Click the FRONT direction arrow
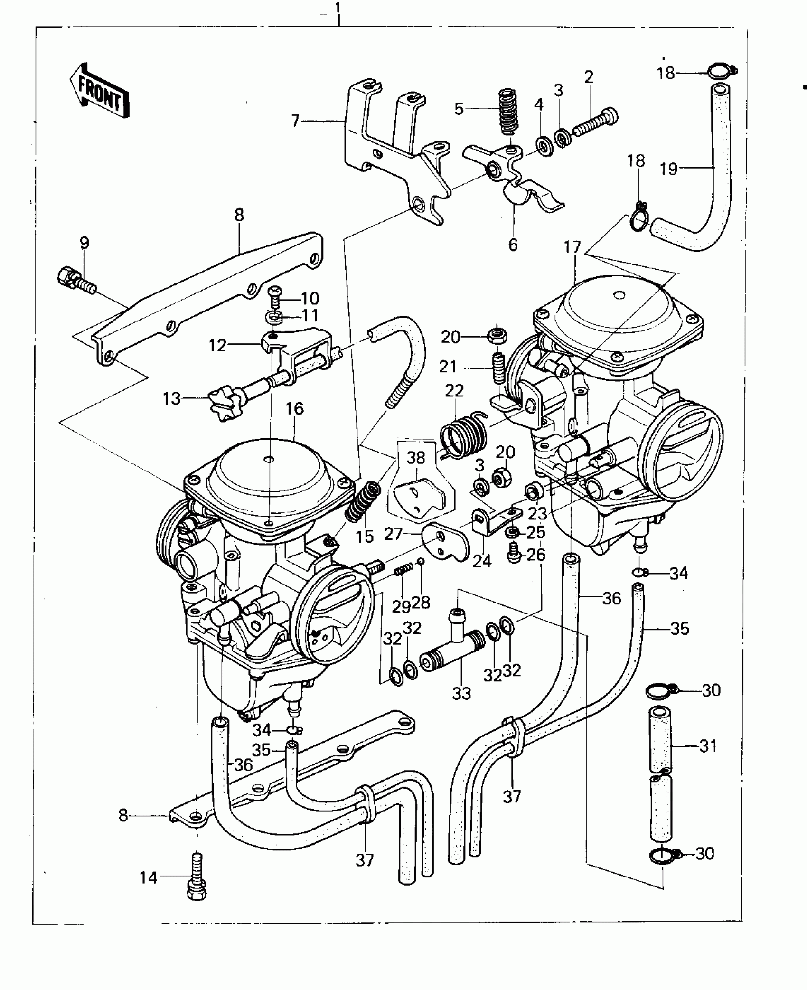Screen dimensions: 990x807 (x=99, y=90)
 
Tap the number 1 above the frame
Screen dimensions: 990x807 (x=338, y=8)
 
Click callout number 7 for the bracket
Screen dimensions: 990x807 (x=295, y=122)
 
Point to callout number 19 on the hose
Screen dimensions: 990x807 (x=669, y=168)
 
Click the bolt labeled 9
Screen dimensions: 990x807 (x=75, y=280)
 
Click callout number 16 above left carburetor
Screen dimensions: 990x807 (x=294, y=409)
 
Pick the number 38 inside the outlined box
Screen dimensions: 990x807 (x=416, y=458)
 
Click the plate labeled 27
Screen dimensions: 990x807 (x=444, y=544)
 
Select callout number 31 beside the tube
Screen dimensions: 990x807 (x=708, y=746)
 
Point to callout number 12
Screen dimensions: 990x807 (x=217, y=345)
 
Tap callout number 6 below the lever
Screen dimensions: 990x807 (x=513, y=245)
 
